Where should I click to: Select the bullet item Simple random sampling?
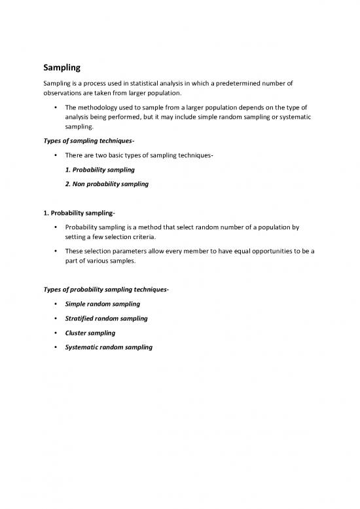point(102,305)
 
